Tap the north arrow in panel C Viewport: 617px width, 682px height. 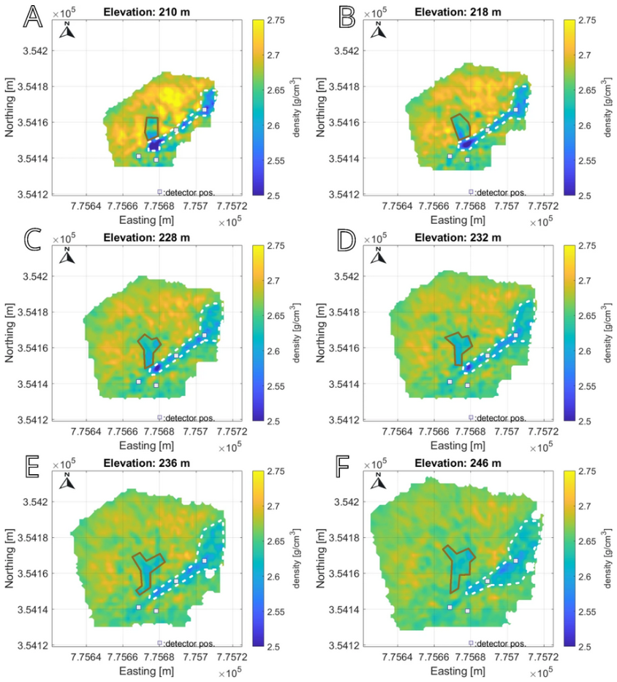(67, 254)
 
